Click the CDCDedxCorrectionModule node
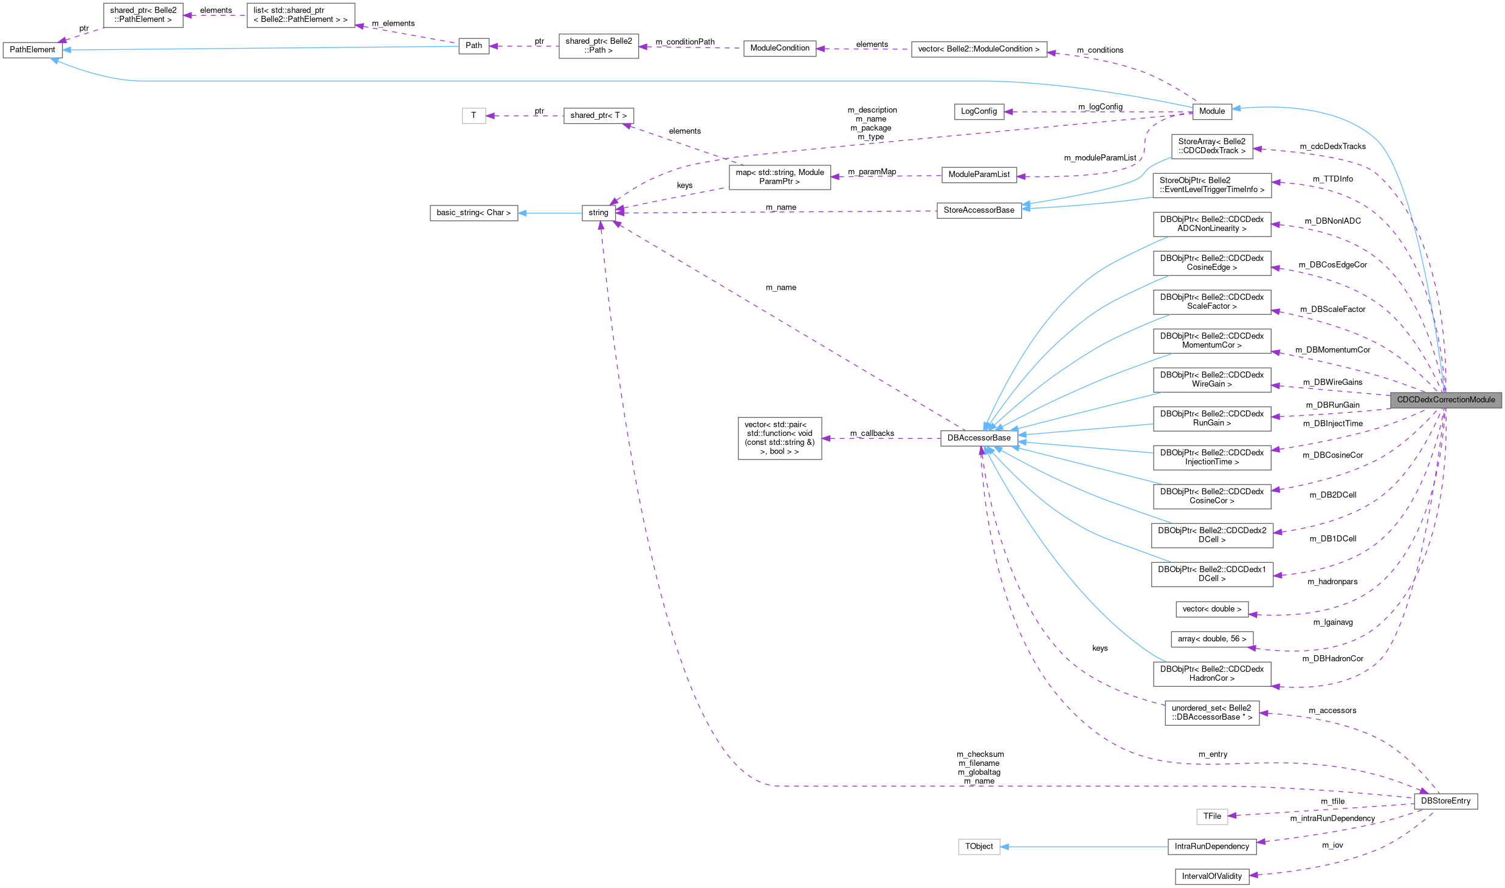[1445, 400]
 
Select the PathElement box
[32, 50]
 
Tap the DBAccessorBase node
[979, 438]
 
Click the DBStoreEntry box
[1445, 801]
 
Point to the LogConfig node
[979, 112]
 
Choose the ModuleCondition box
[779, 49]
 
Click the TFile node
[1212, 816]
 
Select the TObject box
[979, 847]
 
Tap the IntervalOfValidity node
[1211, 876]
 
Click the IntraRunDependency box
[1211, 847]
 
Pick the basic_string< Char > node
[474, 213]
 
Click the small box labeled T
[474, 115]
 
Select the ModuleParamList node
[979, 175]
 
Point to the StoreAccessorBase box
[979, 210]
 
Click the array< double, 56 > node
[1211, 639]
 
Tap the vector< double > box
[1211, 609]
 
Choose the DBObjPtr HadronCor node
[1211, 673]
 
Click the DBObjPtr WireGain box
[1211, 379]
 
